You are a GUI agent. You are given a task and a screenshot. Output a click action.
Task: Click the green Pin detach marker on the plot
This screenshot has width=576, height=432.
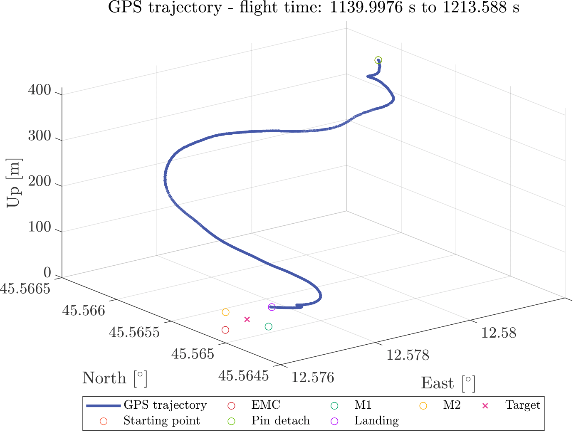click(x=378, y=60)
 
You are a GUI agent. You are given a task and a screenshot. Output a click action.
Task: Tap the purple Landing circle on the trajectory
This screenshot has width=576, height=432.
click(x=272, y=307)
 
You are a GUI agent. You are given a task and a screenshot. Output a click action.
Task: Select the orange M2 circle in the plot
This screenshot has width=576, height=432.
click(x=225, y=312)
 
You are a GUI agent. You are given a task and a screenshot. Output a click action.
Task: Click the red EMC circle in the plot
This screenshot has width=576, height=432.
click(x=225, y=330)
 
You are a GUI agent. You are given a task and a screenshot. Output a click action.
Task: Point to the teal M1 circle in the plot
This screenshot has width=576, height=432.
click(x=269, y=327)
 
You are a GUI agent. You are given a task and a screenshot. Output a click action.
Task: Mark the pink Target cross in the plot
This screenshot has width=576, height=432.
click(x=247, y=319)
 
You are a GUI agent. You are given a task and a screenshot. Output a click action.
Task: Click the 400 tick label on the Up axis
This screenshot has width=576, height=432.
click(x=40, y=90)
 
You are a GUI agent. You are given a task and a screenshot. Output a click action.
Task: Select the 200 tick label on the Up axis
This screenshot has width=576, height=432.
click(x=40, y=182)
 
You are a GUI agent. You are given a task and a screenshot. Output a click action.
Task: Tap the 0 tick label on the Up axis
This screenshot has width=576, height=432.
click(x=47, y=273)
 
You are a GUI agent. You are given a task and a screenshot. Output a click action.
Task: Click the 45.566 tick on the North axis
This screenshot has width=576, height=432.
click(x=84, y=310)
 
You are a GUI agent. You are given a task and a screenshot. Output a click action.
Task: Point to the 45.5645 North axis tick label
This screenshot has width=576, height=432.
click(x=243, y=376)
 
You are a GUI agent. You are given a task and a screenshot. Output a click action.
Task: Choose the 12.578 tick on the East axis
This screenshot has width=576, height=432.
click(x=408, y=355)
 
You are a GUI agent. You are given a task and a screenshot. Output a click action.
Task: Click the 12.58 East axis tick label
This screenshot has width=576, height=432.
click(x=499, y=333)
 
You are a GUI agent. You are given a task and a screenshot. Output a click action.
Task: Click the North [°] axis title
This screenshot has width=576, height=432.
click(x=115, y=378)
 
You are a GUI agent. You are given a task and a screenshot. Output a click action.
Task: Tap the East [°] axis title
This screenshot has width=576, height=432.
click(x=448, y=383)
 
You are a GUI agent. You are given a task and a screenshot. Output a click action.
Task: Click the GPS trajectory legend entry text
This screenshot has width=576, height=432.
click(x=165, y=405)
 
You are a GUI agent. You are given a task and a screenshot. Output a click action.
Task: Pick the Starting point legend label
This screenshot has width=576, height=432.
click(x=161, y=421)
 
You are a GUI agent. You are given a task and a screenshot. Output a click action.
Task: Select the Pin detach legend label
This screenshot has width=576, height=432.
click(x=280, y=421)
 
